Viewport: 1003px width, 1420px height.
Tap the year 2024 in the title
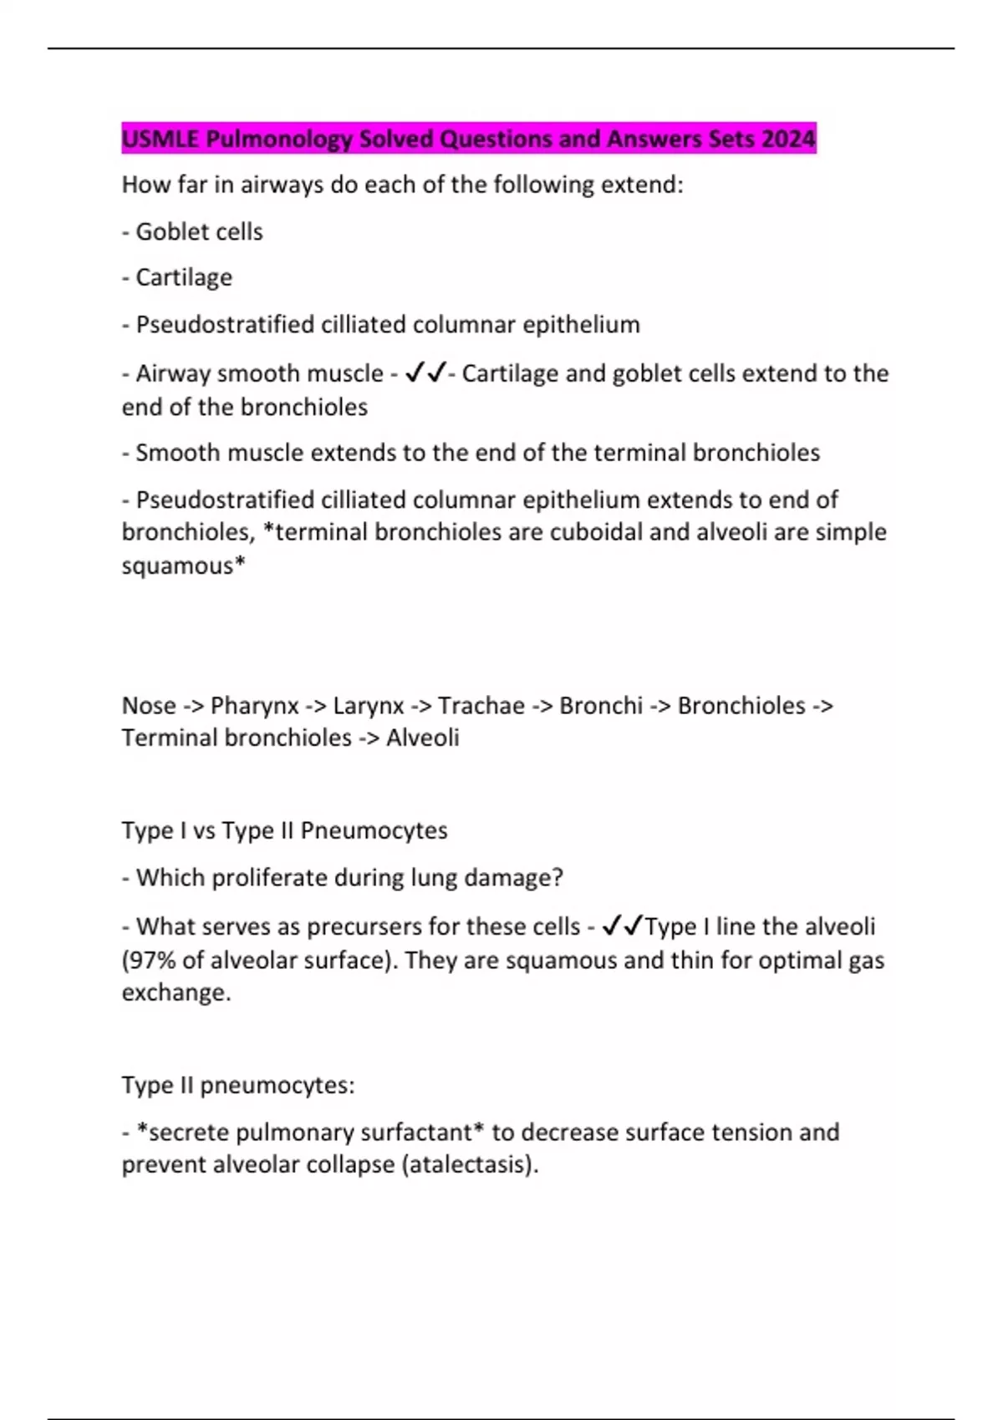(x=788, y=139)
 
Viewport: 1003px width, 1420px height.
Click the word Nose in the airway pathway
(x=149, y=706)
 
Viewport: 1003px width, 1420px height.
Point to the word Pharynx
(x=254, y=707)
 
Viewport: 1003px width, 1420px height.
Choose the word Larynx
(x=369, y=707)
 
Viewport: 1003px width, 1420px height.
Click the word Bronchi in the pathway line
(x=601, y=706)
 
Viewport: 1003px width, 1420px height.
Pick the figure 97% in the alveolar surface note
(x=151, y=961)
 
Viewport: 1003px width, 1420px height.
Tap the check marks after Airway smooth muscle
(x=425, y=373)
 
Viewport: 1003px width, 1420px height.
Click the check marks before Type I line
(x=622, y=926)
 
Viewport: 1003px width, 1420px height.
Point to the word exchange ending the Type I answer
(x=176, y=993)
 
